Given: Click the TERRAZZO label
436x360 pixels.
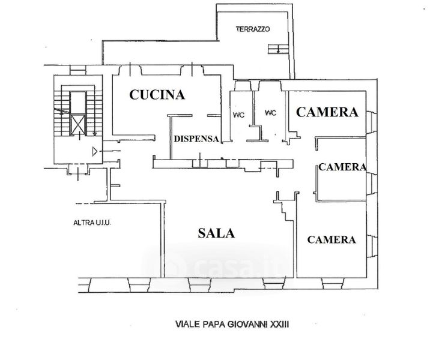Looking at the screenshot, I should (253, 29).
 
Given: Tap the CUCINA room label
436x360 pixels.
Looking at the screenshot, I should (157, 94).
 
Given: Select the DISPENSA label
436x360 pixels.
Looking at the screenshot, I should (196, 139).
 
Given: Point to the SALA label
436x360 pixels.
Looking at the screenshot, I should (216, 233).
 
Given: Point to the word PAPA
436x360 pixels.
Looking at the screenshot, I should (215, 325).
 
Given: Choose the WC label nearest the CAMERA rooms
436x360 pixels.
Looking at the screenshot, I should (270, 112).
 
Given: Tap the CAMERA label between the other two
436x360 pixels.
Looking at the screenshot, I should (342, 167).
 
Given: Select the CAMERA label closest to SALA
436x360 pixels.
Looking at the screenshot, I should (332, 239).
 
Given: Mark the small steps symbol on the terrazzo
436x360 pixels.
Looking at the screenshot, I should (278, 49).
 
